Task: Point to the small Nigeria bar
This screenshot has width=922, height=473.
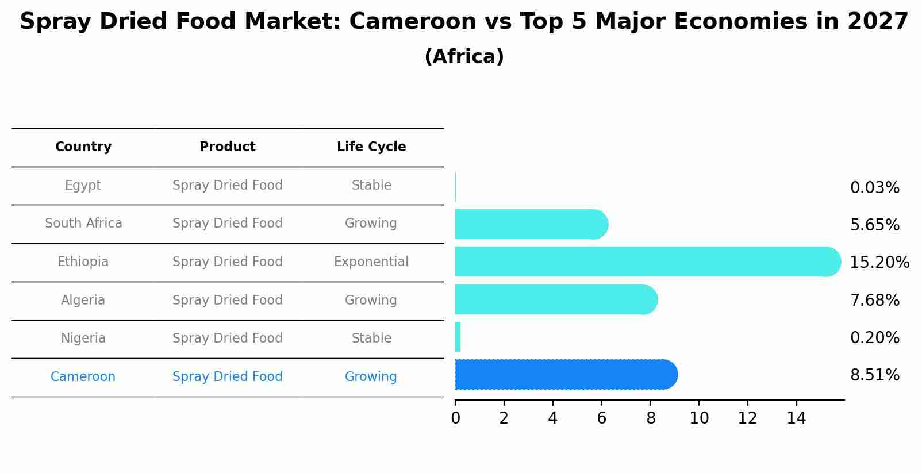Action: [x=458, y=337]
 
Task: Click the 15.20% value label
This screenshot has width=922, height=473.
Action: [x=879, y=263]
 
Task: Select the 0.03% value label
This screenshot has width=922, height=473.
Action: [x=874, y=188]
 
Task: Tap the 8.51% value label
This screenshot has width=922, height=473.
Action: [x=874, y=375]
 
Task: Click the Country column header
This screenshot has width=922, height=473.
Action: [x=83, y=147]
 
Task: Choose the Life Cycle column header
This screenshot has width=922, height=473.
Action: [x=371, y=147]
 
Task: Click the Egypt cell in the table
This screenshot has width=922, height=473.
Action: [x=83, y=186]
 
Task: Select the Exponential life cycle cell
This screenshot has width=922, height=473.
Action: [x=371, y=262]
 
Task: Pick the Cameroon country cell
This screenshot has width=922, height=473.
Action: [x=83, y=377]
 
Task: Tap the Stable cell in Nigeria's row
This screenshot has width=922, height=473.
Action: [x=371, y=339]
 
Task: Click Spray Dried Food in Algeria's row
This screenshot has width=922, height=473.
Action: [x=227, y=300]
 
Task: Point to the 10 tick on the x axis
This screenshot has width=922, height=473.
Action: [x=699, y=418]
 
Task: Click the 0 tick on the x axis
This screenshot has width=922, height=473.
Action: [x=455, y=418]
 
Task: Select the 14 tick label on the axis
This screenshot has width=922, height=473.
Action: [x=796, y=418]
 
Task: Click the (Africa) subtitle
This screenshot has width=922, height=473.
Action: [x=464, y=57]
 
